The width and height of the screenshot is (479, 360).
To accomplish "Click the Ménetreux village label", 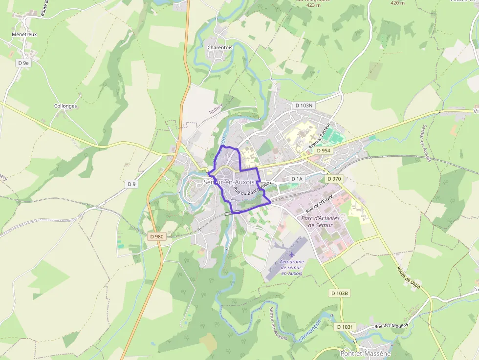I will (x=24, y=35).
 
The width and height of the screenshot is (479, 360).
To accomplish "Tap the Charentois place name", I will (x=219, y=47).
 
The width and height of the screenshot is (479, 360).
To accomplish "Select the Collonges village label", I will (x=65, y=106).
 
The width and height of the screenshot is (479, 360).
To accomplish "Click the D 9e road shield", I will (x=23, y=63).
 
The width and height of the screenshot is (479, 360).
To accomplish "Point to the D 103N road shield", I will (x=304, y=105).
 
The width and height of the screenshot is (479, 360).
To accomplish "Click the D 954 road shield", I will (x=323, y=151).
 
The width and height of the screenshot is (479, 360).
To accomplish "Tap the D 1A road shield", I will (x=297, y=179).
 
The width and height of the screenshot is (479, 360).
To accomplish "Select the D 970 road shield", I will (x=334, y=179).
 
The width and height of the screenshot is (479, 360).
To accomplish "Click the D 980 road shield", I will (x=156, y=236).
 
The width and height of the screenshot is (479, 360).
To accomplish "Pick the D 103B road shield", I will (x=339, y=293).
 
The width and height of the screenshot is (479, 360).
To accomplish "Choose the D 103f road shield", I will (x=344, y=326).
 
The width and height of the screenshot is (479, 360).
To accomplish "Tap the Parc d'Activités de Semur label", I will (x=317, y=222).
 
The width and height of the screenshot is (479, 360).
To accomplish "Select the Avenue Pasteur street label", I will (x=320, y=134).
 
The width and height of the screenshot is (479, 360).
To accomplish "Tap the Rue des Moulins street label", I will (x=391, y=326).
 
